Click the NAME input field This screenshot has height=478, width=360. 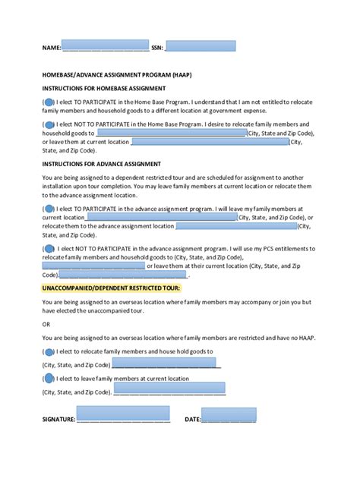pyautogui.click(x=105, y=46)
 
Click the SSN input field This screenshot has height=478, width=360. pyautogui.click(x=200, y=46)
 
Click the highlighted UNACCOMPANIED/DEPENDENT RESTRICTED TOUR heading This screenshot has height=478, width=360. pyautogui.click(x=116, y=289)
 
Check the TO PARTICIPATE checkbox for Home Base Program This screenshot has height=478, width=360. pyautogui.click(x=49, y=101)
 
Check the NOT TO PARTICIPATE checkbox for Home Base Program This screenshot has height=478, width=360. pyautogui.click(x=49, y=124)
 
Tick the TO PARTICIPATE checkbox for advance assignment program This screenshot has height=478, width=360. pyautogui.click(x=49, y=208)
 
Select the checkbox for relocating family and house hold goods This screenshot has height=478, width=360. pyautogui.click(x=49, y=351)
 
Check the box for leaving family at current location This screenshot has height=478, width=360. pyautogui.click(x=49, y=378)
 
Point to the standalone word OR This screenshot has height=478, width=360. pyautogui.click(x=46, y=324)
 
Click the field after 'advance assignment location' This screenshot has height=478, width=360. pyautogui.click(x=236, y=225)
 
